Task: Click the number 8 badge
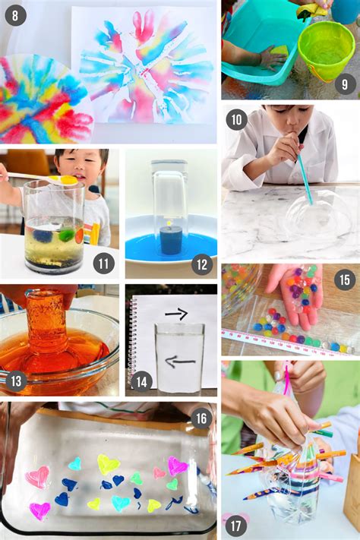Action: pyautogui.click(x=15, y=15)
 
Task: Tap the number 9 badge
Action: pyautogui.click(x=345, y=84)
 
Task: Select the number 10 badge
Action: pyautogui.click(x=237, y=119)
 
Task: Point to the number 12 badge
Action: pyautogui.click(x=202, y=264)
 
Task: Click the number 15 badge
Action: pyautogui.click(x=345, y=279)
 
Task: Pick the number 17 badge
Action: pyautogui.click(x=236, y=526)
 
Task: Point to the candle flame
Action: pyautogui.click(x=169, y=223)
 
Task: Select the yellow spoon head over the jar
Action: pyautogui.click(x=68, y=180)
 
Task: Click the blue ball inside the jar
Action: pyautogui.click(x=43, y=235)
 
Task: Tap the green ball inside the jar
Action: pyautogui.click(x=65, y=236)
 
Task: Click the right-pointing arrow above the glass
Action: pyautogui.click(x=177, y=314)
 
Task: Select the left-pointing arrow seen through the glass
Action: pyautogui.click(x=180, y=362)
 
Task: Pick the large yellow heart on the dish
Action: pyautogui.click(x=108, y=464)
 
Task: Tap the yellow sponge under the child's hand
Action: pyautogui.click(x=277, y=52)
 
